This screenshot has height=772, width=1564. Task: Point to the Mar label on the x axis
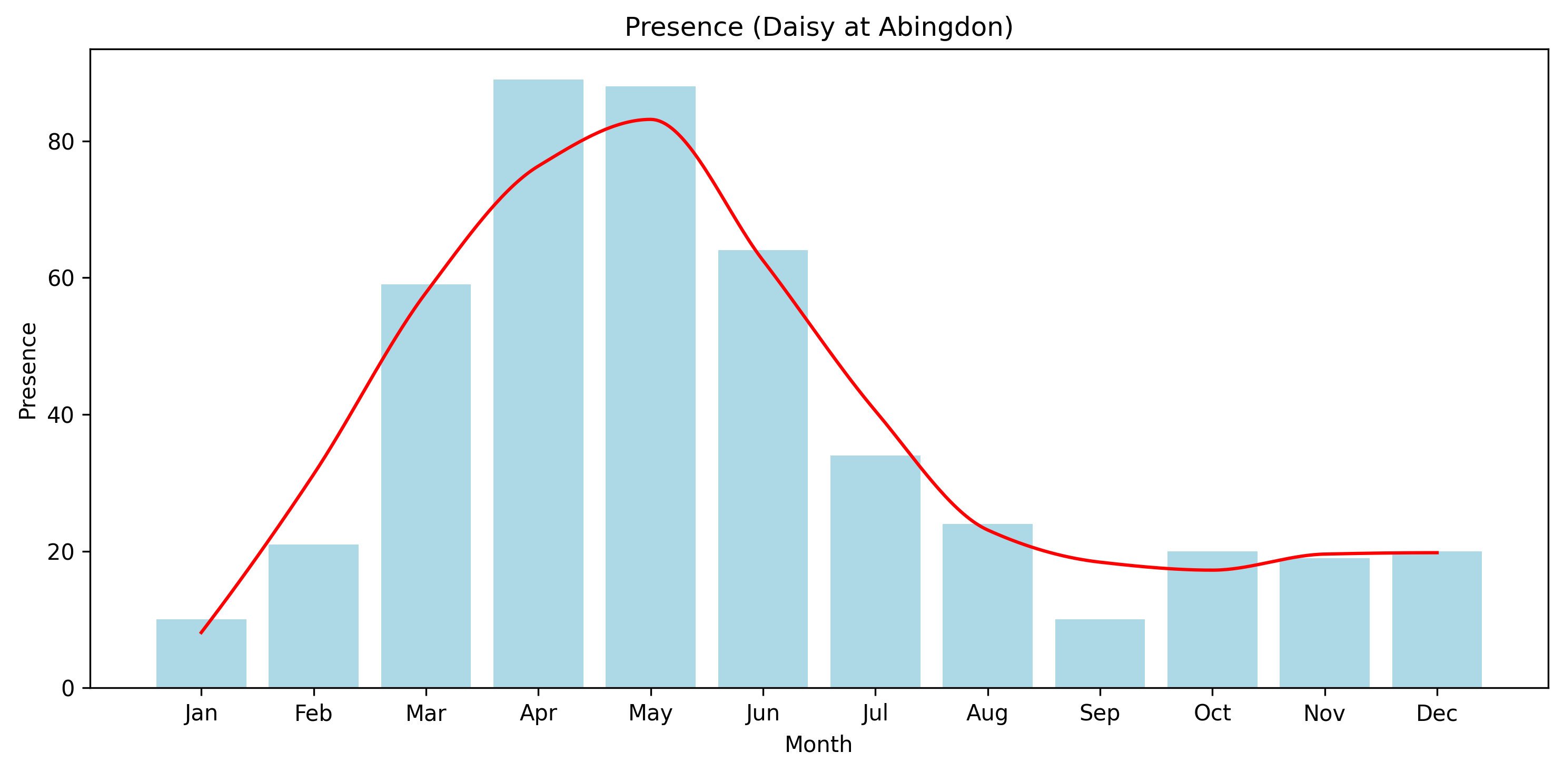(425, 714)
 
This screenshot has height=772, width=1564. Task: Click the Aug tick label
(987, 714)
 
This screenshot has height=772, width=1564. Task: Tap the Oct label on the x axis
(1212, 714)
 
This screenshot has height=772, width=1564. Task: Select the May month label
(650, 714)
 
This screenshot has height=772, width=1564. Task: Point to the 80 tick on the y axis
(61, 142)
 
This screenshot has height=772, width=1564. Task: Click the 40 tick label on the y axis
(61, 415)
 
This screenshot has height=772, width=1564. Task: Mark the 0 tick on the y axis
(68, 689)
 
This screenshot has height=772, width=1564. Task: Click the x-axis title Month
(818, 745)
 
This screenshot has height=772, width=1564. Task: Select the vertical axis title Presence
(28, 371)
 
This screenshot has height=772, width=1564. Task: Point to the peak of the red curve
(650, 119)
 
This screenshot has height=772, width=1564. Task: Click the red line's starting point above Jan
(201, 633)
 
